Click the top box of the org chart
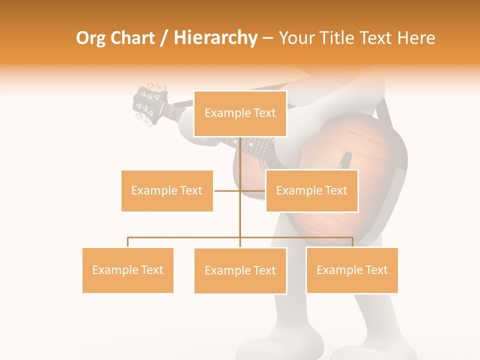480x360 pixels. click(x=240, y=113)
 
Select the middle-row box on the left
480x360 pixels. click(x=167, y=190)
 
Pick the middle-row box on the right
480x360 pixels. click(x=311, y=190)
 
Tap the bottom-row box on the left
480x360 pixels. click(x=128, y=270)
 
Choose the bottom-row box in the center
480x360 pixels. click(x=240, y=270)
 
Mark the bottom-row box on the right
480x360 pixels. click(x=352, y=270)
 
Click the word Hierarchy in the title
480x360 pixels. click(x=215, y=38)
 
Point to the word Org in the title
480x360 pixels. click(x=91, y=38)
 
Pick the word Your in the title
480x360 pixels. click(x=296, y=38)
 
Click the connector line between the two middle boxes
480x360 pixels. click(x=240, y=190)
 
